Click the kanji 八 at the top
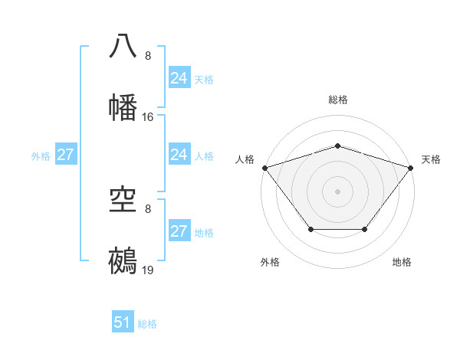(x=123, y=47)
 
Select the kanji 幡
(x=123, y=108)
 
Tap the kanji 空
(x=123, y=201)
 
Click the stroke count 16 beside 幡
(x=148, y=117)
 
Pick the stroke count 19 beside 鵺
(x=148, y=271)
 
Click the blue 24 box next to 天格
(x=179, y=77)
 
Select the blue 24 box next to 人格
(x=179, y=155)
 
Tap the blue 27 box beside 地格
(x=179, y=231)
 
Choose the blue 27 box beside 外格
(x=65, y=155)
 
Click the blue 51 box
(x=123, y=322)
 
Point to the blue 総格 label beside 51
(x=147, y=324)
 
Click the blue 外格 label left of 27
(x=41, y=155)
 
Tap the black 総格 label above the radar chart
(x=337, y=100)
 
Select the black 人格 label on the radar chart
(x=245, y=159)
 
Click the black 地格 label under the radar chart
(x=402, y=262)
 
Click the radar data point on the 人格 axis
(x=264, y=168)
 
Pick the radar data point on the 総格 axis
(x=337, y=146)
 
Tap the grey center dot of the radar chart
(x=337, y=191)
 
